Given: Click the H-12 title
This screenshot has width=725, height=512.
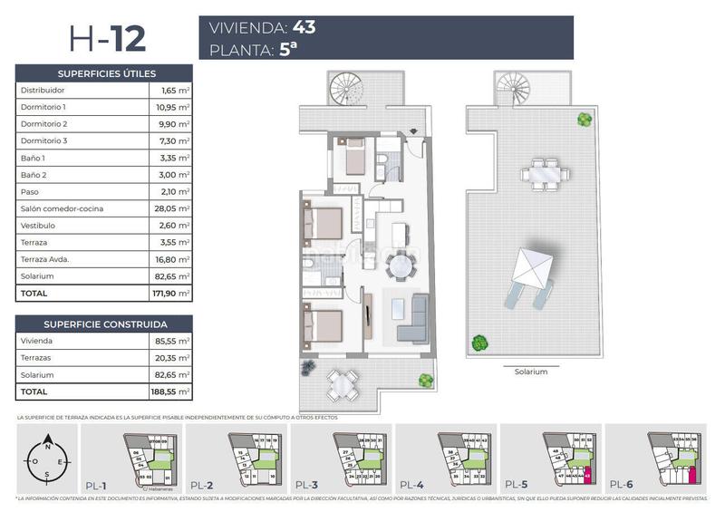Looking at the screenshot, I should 106,39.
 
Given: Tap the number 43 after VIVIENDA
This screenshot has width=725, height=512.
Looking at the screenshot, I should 304,27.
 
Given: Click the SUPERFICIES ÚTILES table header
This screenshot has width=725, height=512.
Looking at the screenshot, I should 106,73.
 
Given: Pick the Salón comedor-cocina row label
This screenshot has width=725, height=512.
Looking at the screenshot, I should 54,208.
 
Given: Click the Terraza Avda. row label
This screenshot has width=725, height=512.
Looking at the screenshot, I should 45,259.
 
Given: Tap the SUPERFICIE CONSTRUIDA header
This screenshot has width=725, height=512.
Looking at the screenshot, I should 106,324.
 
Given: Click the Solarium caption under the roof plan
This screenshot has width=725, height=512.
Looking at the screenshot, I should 531,372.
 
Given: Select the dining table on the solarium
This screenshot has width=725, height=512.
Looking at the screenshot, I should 544,171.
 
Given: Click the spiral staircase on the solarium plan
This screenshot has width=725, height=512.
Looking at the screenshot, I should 513,88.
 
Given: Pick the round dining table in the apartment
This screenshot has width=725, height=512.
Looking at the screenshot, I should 400,266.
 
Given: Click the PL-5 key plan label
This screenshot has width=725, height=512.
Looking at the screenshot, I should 516,485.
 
